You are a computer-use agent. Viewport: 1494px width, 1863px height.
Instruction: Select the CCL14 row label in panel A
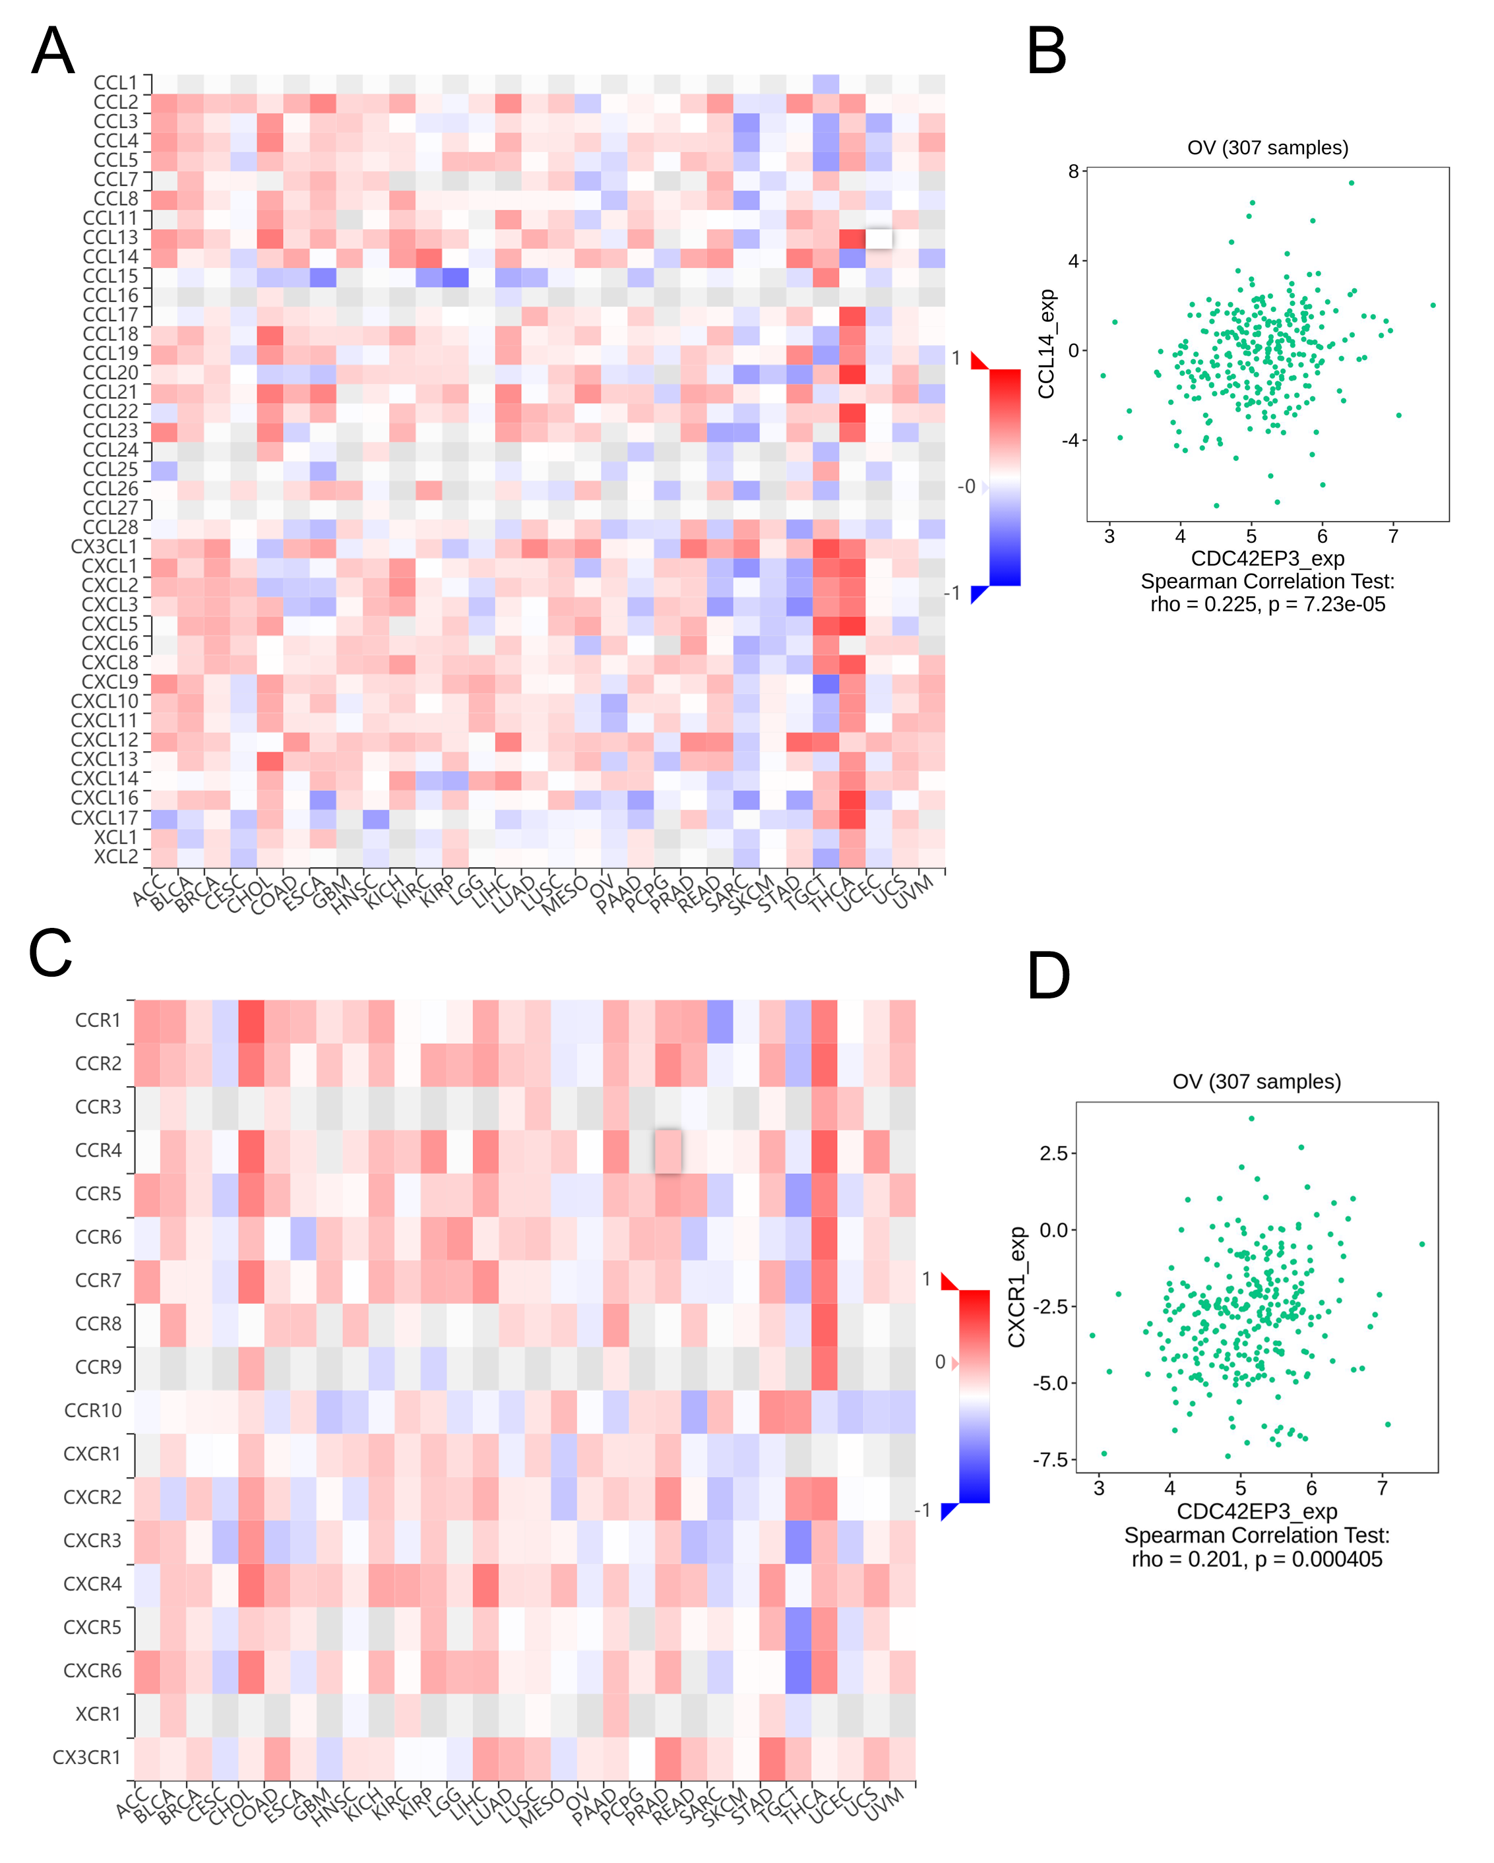111,257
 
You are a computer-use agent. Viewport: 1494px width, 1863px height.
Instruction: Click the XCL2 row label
116,857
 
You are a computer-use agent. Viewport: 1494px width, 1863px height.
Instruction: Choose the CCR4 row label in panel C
98,1150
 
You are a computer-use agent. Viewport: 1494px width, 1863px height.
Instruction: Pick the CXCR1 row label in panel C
92,1453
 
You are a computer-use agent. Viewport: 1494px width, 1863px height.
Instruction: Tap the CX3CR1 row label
86,1757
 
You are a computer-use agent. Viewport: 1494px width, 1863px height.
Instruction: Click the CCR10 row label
92,1410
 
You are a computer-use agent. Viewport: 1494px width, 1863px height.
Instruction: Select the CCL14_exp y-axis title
1046,344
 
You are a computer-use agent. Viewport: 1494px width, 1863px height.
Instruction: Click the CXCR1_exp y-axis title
1017,1287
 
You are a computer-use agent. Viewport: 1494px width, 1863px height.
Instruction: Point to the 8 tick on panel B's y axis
1073,171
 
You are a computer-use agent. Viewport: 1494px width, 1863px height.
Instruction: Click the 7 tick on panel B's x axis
1393,537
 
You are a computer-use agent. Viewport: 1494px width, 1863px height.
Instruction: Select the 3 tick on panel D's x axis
1098,1488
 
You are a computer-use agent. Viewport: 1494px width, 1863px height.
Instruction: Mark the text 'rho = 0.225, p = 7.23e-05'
1268,605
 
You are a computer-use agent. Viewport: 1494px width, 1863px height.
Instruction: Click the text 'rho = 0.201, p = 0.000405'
1257,1560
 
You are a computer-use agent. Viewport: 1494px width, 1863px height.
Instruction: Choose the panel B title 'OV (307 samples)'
1268,148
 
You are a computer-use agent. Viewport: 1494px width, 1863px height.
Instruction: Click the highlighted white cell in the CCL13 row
879,237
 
